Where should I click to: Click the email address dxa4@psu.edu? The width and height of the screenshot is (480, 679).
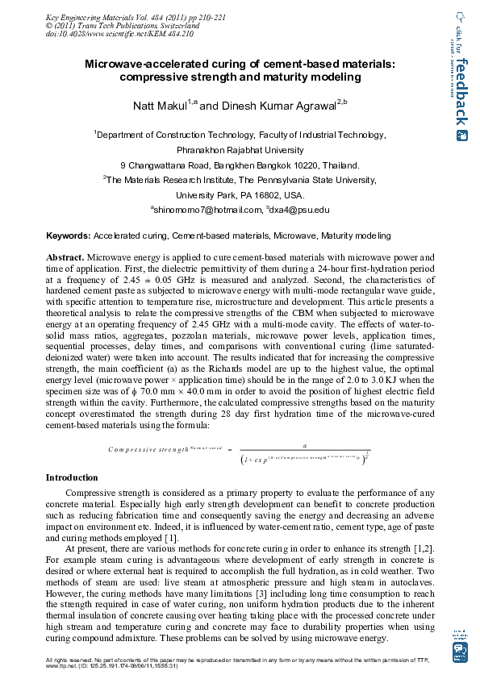(304, 210)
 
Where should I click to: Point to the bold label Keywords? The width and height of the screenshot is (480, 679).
(68, 236)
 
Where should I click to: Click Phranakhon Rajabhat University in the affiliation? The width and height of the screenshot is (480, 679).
(240, 149)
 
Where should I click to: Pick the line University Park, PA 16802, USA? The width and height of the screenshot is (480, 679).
(240, 195)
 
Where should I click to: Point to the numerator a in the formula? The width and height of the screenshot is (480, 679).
(304, 444)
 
